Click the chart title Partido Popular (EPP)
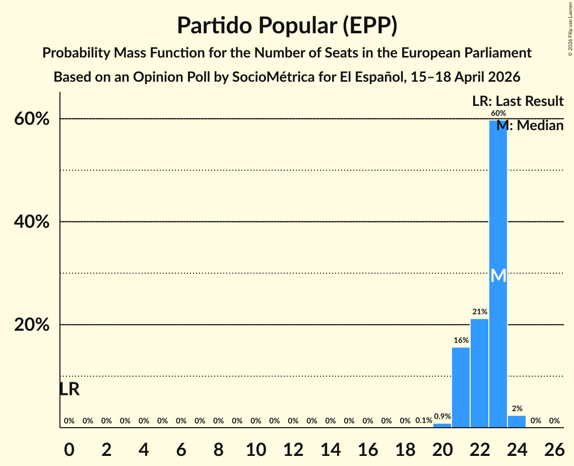[287, 25]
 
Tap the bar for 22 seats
[479, 373]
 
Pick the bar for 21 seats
[461, 387]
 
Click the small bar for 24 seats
[517, 422]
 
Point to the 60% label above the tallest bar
[498, 113]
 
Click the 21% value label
[479, 312]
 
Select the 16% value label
[461, 340]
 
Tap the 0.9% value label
[442, 417]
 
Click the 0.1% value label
[423, 421]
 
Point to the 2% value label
[517, 409]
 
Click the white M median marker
[498, 275]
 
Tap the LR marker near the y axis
[69, 389]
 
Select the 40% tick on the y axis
[32, 222]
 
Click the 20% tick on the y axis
[32, 325]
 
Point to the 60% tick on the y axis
[32, 119]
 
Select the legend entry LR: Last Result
[518, 101]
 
